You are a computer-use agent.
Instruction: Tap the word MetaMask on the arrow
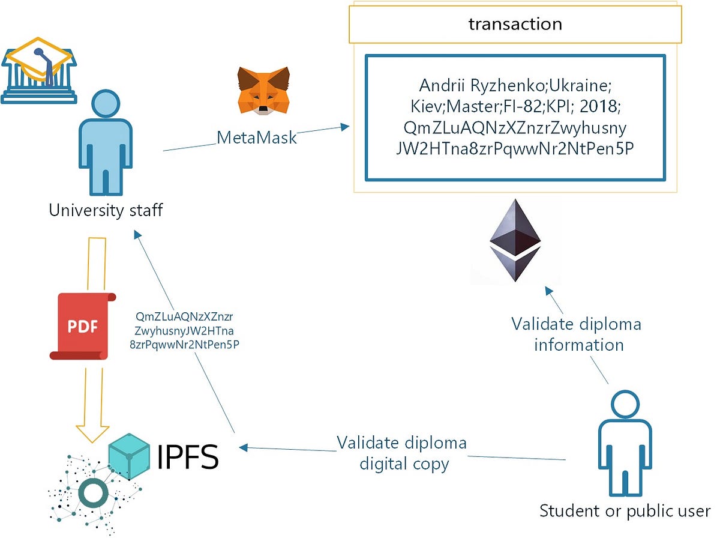(257, 138)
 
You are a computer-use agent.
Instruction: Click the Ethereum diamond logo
(515, 240)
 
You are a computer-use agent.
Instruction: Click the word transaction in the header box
(515, 24)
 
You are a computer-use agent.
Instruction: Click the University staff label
(105, 211)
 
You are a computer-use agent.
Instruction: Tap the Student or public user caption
(625, 512)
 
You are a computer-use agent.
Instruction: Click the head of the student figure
(624, 403)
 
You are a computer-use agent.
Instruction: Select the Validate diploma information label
(576, 334)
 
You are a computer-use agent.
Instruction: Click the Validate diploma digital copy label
(401, 453)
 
